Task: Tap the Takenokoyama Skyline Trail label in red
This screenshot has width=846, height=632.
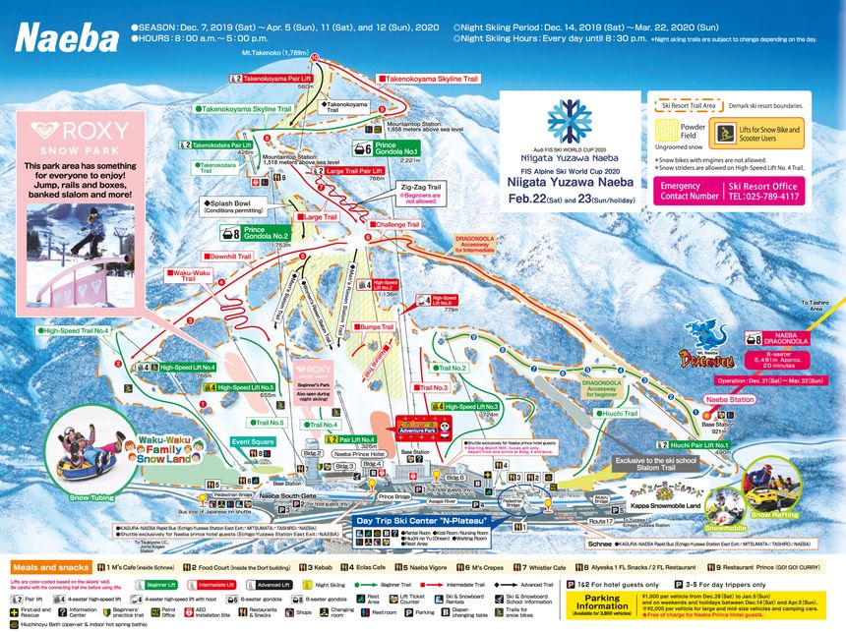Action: (430, 78)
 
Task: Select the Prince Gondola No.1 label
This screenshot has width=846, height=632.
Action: (398, 148)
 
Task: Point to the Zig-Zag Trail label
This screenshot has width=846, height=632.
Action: (420, 185)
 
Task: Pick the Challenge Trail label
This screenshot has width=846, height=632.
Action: (393, 224)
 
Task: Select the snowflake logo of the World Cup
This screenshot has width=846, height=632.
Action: (569, 121)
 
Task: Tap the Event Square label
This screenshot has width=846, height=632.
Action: (254, 442)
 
